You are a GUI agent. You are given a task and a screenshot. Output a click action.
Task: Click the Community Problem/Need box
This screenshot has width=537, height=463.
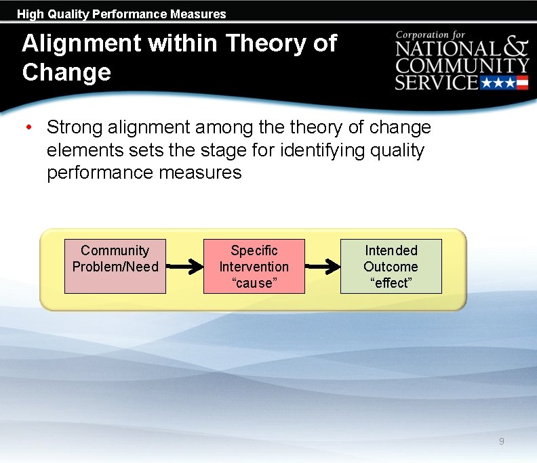pyautogui.click(x=115, y=266)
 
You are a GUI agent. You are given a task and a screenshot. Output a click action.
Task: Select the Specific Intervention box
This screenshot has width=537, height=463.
pyautogui.click(x=254, y=266)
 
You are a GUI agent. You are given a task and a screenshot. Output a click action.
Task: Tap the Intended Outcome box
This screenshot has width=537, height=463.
pyautogui.click(x=391, y=266)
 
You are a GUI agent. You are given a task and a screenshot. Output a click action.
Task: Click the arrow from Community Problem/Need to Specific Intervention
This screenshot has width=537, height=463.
pyautogui.click(x=184, y=267)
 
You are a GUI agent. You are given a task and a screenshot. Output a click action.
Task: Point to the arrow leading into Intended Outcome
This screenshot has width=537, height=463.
pyautogui.click(x=322, y=267)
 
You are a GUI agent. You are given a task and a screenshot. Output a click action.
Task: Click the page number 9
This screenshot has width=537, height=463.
pyautogui.click(x=501, y=441)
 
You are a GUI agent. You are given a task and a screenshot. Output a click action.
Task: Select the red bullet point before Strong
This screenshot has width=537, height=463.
pyautogui.click(x=28, y=127)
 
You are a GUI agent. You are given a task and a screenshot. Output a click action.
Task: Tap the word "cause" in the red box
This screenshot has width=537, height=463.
pyautogui.click(x=254, y=283)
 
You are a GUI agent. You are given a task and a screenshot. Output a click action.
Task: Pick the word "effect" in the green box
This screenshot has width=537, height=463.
pyautogui.click(x=391, y=283)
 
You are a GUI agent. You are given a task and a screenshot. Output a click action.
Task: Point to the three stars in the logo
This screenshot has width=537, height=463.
pyautogui.click(x=498, y=83)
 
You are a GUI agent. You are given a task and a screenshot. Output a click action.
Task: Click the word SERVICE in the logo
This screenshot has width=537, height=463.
pyautogui.click(x=437, y=83)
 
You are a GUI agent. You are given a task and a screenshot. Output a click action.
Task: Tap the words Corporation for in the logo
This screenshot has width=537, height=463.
pyautogui.click(x=431, y=35)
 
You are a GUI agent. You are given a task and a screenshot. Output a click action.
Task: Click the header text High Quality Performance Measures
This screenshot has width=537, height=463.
pyautogui.click(x=121, y=14)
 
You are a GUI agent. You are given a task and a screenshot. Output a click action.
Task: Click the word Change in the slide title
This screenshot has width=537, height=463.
pyautogui.click(x=66, y=72)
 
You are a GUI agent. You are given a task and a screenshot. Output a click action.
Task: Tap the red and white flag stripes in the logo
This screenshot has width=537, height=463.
pyautogui.click(x=522, y=83)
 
